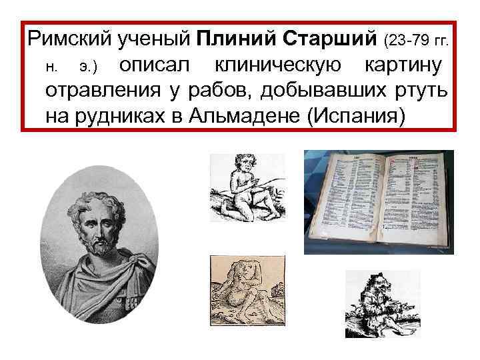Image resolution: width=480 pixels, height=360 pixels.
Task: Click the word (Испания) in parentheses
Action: pyautogui.click(x=353, y=115)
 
